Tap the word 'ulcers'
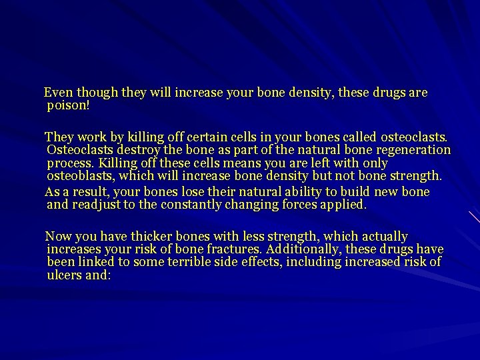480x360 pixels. tap(64, 275)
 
